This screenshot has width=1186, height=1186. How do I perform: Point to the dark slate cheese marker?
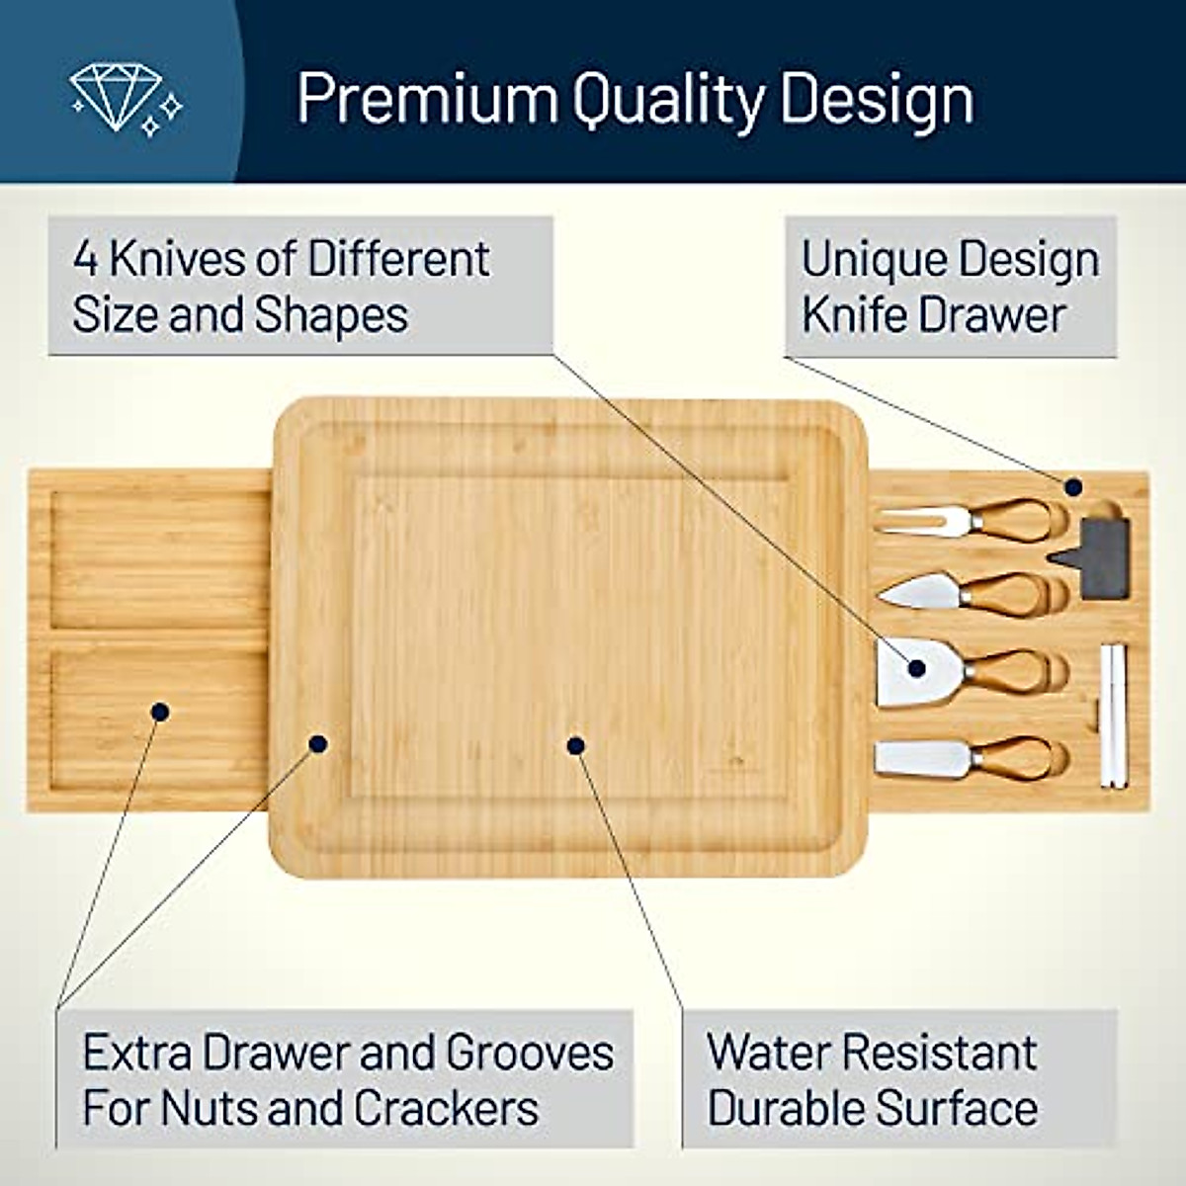1099,558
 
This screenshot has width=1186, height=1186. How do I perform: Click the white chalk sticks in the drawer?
1114,717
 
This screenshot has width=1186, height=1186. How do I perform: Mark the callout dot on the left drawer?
159,711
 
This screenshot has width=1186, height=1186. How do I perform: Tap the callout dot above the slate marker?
1073,486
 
